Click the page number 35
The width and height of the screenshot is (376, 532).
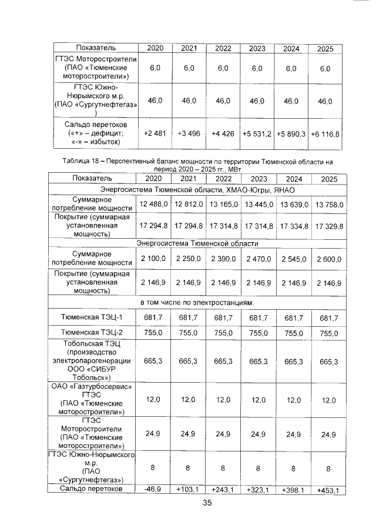click(207, 503)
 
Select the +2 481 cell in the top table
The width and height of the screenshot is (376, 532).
click(155, 134)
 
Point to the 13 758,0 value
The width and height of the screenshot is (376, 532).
click(329, 203)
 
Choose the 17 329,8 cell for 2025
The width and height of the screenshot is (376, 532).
click(329, 225)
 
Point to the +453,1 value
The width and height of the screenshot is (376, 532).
click(329, 490)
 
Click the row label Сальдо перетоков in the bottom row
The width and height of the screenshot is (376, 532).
click(95, 488)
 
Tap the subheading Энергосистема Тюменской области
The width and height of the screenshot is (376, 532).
click(197, 243)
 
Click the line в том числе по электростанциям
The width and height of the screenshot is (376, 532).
click(197, 302)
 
